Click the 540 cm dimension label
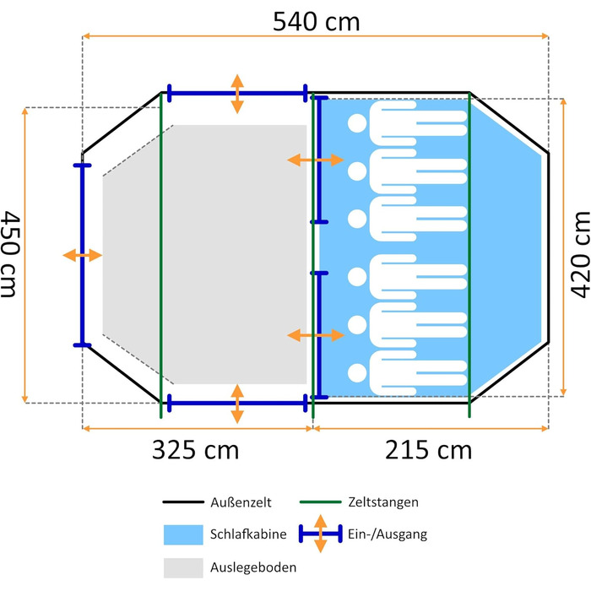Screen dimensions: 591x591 317,21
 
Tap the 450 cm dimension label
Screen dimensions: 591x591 10,254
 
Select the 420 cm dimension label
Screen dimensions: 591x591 580,254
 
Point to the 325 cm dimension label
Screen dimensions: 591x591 195,450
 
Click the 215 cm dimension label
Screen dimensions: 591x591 428,450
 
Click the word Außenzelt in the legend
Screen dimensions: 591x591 241,502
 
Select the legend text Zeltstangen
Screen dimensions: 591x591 383,502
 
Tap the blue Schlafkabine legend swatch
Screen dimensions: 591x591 183,534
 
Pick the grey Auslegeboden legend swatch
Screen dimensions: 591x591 183,567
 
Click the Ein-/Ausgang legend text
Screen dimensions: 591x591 388,534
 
